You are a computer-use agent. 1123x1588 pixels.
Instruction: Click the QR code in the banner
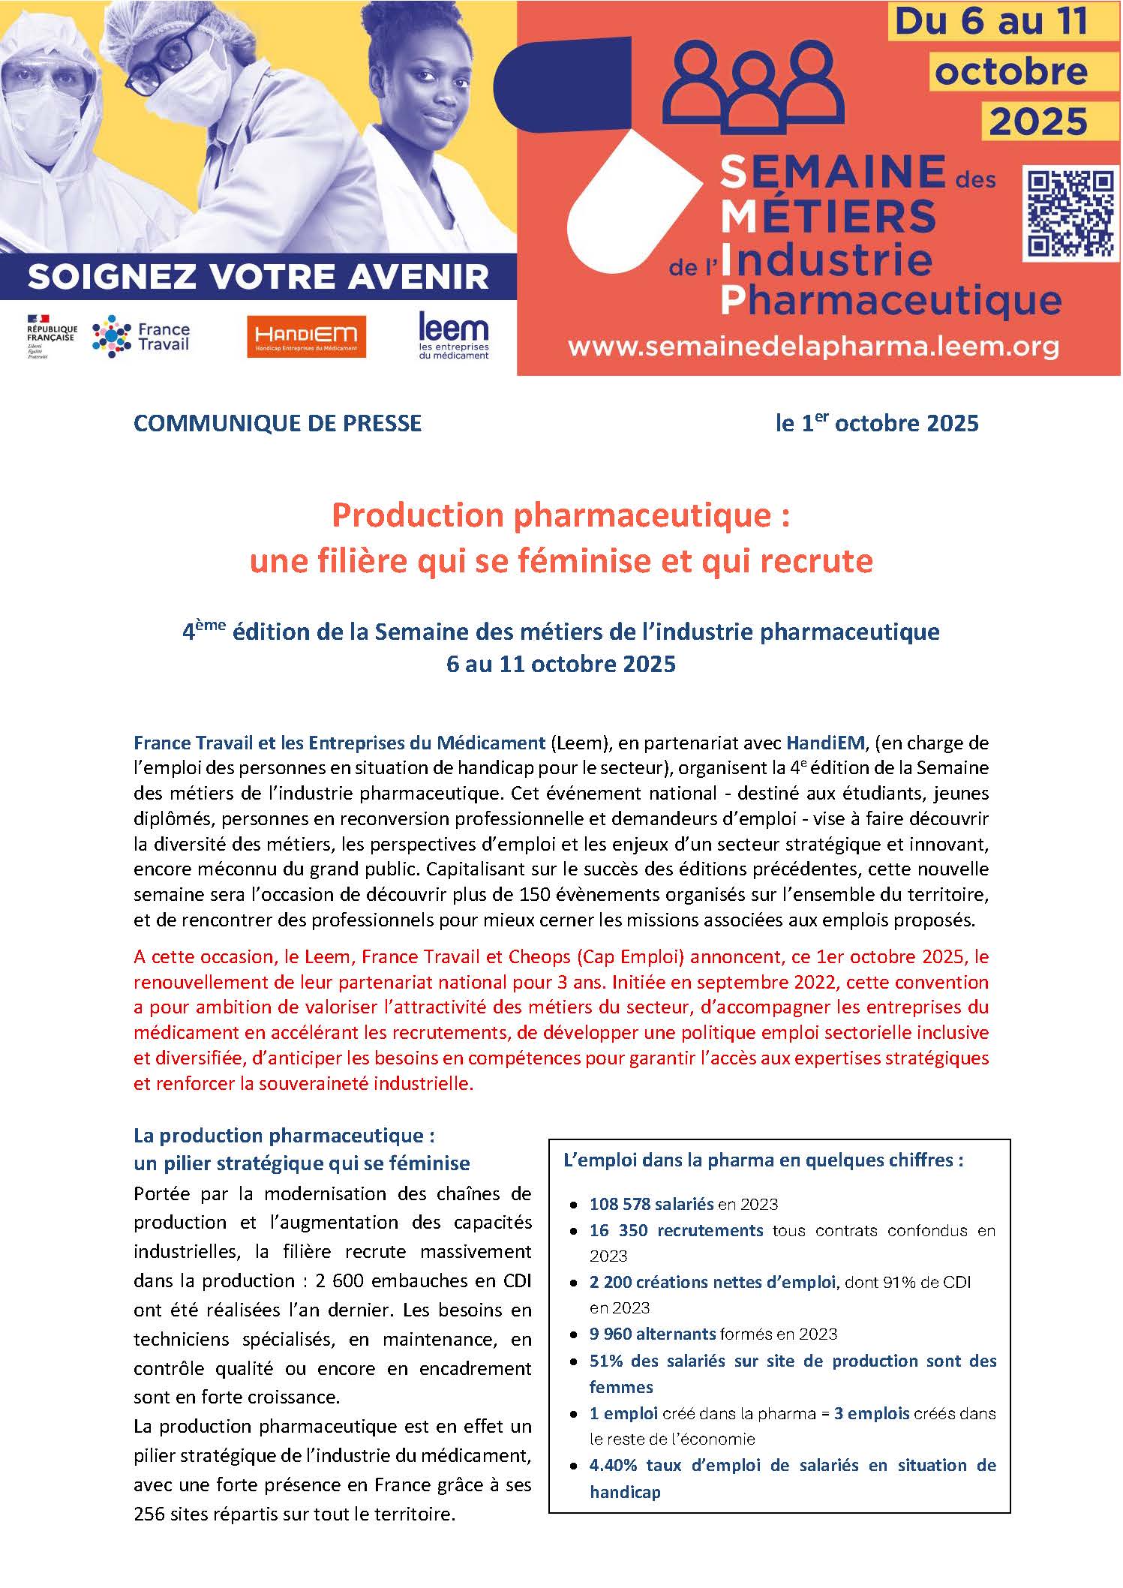[x=1068, y=214]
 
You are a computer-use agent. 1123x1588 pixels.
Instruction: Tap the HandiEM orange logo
[x=306, y=336]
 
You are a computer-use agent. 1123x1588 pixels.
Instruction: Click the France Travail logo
[x=141, y=337]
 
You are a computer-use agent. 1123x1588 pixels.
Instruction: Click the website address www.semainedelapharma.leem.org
[x=813, y=347]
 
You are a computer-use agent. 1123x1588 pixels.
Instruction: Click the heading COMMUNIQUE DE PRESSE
[x=278, y=424]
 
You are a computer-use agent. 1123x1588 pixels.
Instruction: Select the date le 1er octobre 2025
[x=877, y=424]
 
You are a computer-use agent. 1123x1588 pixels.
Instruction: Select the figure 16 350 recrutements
[x=676, y=1231]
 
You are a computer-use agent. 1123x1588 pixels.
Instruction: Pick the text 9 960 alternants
[x=652, y=1334]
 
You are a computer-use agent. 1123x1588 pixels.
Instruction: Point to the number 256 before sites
[x=149, y=1514]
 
